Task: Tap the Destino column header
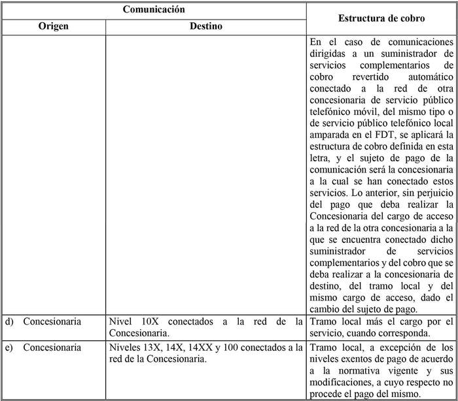(206, 27)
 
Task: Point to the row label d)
(9, 321)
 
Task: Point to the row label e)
(9, 347)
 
